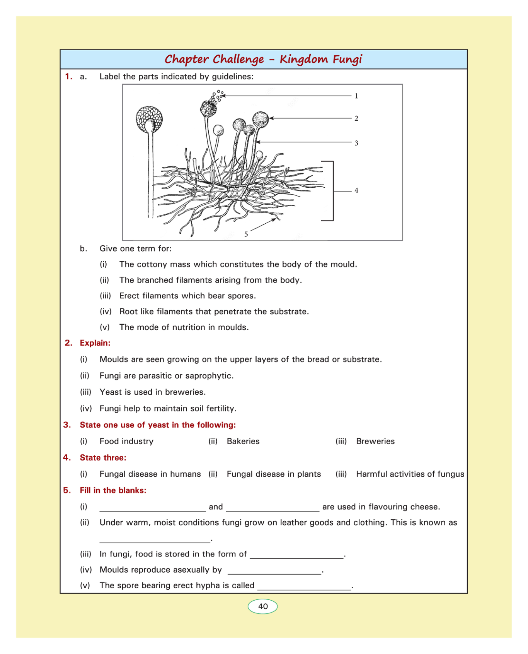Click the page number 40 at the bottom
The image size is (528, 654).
point(263,606)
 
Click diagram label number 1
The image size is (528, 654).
point(356,96)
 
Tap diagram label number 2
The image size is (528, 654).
point(356,118)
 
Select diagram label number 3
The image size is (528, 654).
point(356,143)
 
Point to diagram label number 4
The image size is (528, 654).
point(356,190)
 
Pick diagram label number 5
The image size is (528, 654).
point(246,234)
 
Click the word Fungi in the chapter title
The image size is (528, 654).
point(347,59)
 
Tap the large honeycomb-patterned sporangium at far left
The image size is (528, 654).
point(149,119)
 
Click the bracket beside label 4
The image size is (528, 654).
point(332,191)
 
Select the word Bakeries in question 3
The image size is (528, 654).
point(243,441)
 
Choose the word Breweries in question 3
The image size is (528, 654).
point(375,441)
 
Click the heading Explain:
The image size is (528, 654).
point(95,343)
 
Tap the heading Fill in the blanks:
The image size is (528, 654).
point(113,490)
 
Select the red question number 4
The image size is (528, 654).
point(67,457)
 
